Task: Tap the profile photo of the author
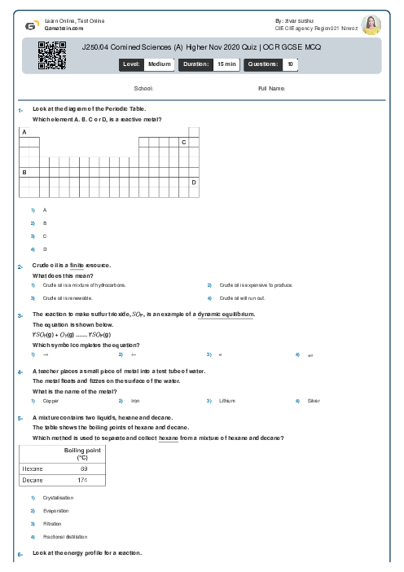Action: [371, 24]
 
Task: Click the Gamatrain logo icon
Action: [31, 25]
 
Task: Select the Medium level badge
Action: [159, 63]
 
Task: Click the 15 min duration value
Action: [226, 63]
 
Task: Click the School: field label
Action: [143, 88]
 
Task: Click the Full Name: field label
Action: [271, 88]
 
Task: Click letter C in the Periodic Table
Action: [183, 142]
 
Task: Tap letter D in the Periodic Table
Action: [194, 183]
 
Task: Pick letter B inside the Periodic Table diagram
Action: [24, 172]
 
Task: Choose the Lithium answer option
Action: [226, 401]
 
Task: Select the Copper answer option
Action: [50, 401]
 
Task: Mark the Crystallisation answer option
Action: [58, 498]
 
